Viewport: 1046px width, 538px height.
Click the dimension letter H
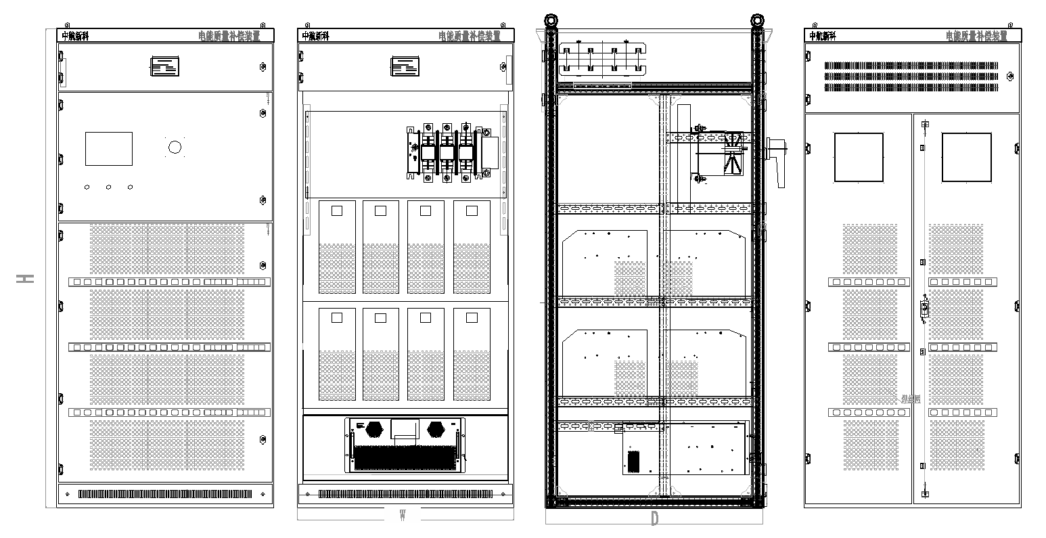click(x=26, y=279)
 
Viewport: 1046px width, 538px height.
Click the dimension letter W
click(x=403, y=516)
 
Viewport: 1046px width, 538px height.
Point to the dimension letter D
click(x=654, y=520)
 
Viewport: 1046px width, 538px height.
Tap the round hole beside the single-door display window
click(x=175, y=147)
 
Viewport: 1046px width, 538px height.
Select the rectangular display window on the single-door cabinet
click(x=108, y=149)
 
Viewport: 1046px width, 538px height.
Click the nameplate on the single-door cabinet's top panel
click(x=165, y=66)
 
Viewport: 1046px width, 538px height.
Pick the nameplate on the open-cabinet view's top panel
click(x=405, y=66)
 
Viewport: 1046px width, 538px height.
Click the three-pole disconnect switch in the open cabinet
click(x=447, y=153)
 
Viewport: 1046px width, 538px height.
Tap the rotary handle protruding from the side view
click(x=778, y=160)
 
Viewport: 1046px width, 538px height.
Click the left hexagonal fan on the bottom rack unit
click(x=376, y=429)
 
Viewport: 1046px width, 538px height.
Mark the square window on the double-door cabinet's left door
click(x=859, y=157)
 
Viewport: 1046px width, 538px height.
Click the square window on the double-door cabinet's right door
click(x=967, y=157)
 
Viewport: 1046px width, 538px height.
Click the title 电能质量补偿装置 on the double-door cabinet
click(x=976, y=36)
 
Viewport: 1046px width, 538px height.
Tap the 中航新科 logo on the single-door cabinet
click(x=75, y=37)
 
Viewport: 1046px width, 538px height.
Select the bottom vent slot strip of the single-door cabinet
click(x=166, y=494)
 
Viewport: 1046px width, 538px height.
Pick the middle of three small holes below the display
click(x=108, y=187)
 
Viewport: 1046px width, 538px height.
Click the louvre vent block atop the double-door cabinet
click(x=911, y=76)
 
